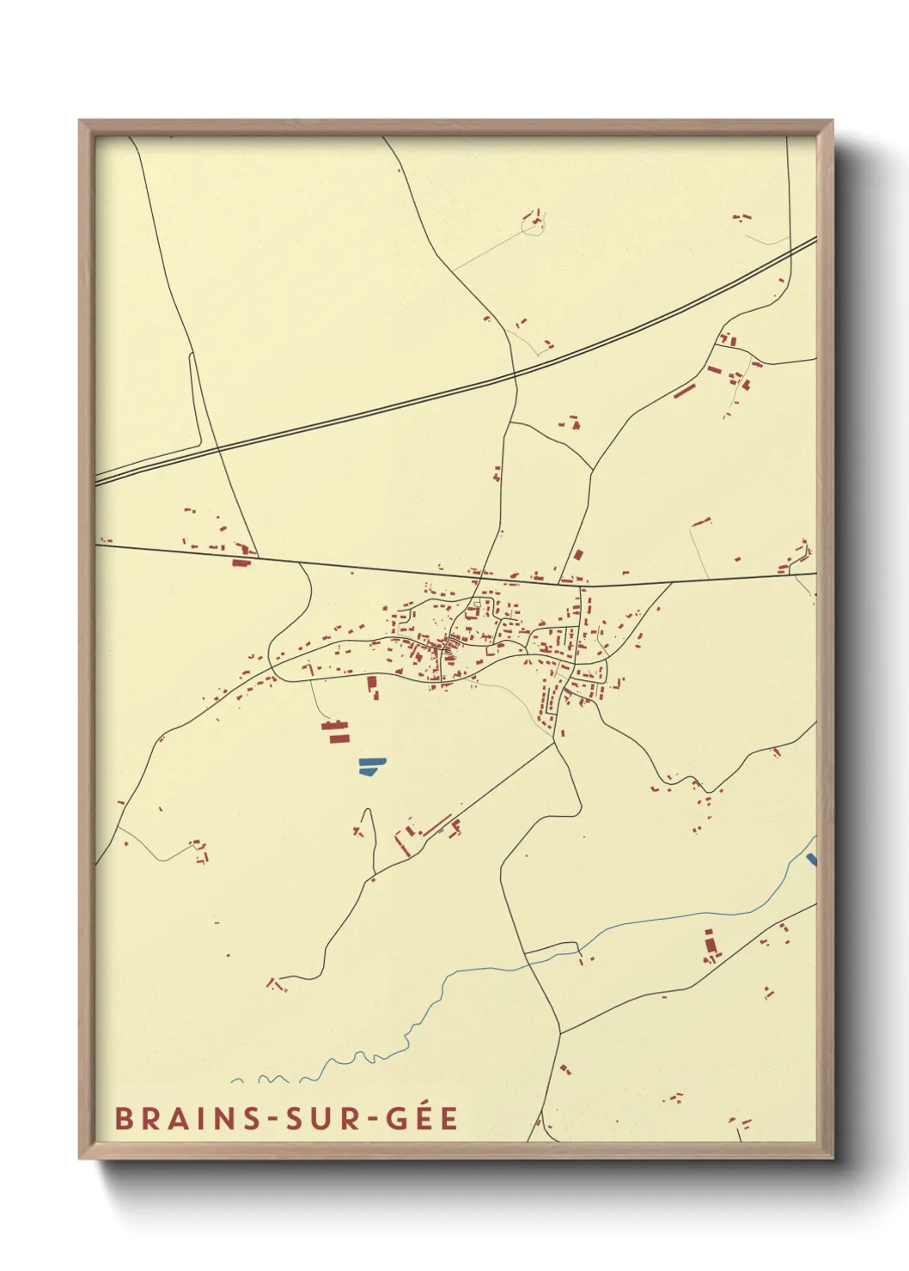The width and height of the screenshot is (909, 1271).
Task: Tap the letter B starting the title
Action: pos(122,1119)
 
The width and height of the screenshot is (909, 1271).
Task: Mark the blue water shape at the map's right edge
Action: pos(812,859)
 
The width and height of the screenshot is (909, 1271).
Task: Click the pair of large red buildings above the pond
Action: pos(337,732)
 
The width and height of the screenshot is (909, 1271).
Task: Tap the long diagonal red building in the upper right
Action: pos(684,391)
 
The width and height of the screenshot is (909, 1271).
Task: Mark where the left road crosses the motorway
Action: pos(218,448)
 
